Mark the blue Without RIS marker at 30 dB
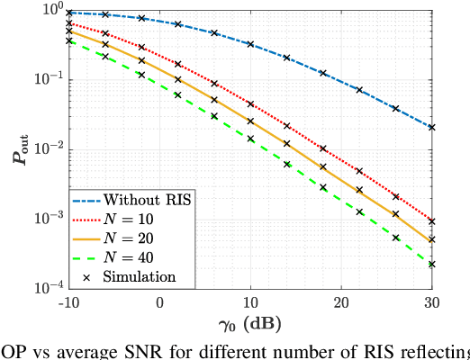[432, 127]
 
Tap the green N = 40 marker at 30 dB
[432, 265]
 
